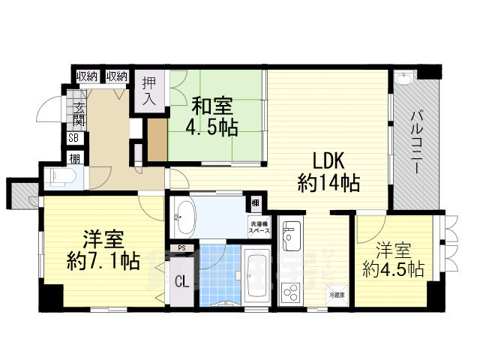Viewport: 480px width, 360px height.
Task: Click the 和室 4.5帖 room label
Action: pos(211,115)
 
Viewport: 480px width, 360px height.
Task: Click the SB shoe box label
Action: pos(74,138)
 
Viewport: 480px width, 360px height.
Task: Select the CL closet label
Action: pos(181,282)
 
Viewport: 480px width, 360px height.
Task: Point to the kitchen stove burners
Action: pos(289,290)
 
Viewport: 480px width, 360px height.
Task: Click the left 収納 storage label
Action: pos(86,76)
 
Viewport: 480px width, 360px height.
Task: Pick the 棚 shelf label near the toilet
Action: pos(75,158)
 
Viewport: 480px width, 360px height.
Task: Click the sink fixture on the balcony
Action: pos(403,79)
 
